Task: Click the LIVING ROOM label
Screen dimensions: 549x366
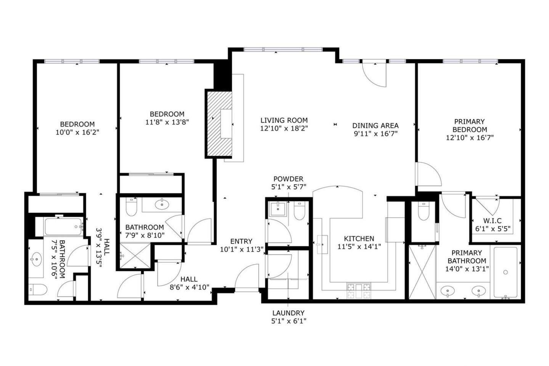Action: [x=284, y=120]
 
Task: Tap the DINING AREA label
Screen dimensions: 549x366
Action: [x=376, y=125]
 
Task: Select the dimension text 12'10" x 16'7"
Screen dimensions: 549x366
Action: [x=470, y=138]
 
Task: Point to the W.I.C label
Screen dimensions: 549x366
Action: [x=493, y=221]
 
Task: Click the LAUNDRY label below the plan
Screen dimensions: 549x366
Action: [x=289, y=313]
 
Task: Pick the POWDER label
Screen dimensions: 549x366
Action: [x=288, y=179]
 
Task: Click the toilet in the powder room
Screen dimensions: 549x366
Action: [x=299, y=210]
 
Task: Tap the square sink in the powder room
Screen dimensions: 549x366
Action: [x=278, y=209]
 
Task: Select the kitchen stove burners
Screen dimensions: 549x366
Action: [x=359, y=291]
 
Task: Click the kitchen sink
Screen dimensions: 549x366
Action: [x=322, y=244]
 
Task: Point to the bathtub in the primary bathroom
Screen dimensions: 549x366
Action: [x=506, y=272]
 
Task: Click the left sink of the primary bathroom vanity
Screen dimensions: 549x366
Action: [x=448, y=291]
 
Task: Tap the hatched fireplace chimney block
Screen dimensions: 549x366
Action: [x=220, y=124]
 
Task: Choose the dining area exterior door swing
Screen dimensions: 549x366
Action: [x=374, y=75]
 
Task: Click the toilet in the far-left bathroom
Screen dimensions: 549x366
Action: [x=38, y=290]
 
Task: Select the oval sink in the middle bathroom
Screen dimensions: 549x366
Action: [x=162, y=204]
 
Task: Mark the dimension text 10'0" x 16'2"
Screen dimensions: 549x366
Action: [x=77, y=132]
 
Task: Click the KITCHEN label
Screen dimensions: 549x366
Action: [x=359, y=239]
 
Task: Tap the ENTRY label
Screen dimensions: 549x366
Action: [x=241, y=241]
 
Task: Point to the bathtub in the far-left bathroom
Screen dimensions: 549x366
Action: [x=63, y=226]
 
